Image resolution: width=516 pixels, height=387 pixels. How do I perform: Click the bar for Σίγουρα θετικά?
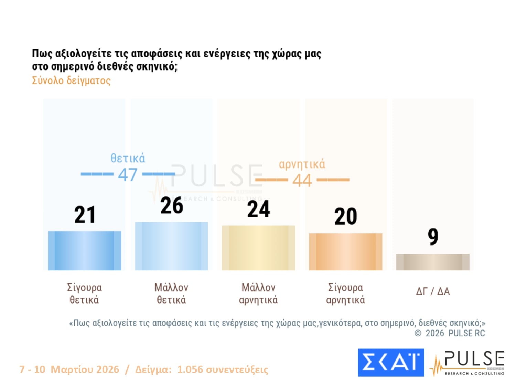pyautogui.click(x=84, y=250)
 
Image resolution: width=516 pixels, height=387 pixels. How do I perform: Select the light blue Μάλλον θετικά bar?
pyautogui.click(x=171, y=246)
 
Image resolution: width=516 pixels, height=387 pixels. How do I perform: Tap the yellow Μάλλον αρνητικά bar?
pyautogui.click(x=258, y=248)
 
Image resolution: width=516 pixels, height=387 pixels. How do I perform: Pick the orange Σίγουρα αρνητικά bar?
pyautogui.click(x=345, y=251)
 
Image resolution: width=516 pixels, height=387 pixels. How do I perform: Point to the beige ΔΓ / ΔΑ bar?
pyautogui.click(x=432, y=262)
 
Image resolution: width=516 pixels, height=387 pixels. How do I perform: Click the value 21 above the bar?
pyautogui.click(x=85, y=215)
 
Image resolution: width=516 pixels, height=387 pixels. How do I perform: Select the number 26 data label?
pyautogui.click(x=172, y=206)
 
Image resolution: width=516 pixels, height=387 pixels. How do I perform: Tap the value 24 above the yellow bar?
pyautogui.click(x=259, y=209)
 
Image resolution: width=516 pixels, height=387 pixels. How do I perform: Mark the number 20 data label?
pyautogui.click(x=345, y=217)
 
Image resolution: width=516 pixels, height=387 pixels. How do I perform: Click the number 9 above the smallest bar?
pyautogui.click(x=433, y=237)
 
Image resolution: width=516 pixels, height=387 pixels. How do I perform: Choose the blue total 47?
pyautogui.click(x=128, y=175)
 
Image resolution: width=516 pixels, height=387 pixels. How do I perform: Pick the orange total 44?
pyautogui.click(x=302, y=180)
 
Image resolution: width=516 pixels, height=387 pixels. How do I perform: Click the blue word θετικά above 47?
pyautogui.click(x=128, y=158)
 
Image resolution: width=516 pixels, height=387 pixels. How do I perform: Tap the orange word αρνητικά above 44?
pyautogui.click(x=302, y=164)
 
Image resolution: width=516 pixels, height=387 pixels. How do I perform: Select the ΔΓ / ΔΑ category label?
pyautogui.click(x=433, y=292)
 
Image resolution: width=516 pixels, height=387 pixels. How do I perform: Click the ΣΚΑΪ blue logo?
pyautogui.click(x=391, y=363)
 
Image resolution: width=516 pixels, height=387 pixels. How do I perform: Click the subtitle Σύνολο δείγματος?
pyautogui.click(x=71, y=80)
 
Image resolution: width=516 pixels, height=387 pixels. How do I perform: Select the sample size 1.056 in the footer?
pyautogui.click(x=190, y=369)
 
